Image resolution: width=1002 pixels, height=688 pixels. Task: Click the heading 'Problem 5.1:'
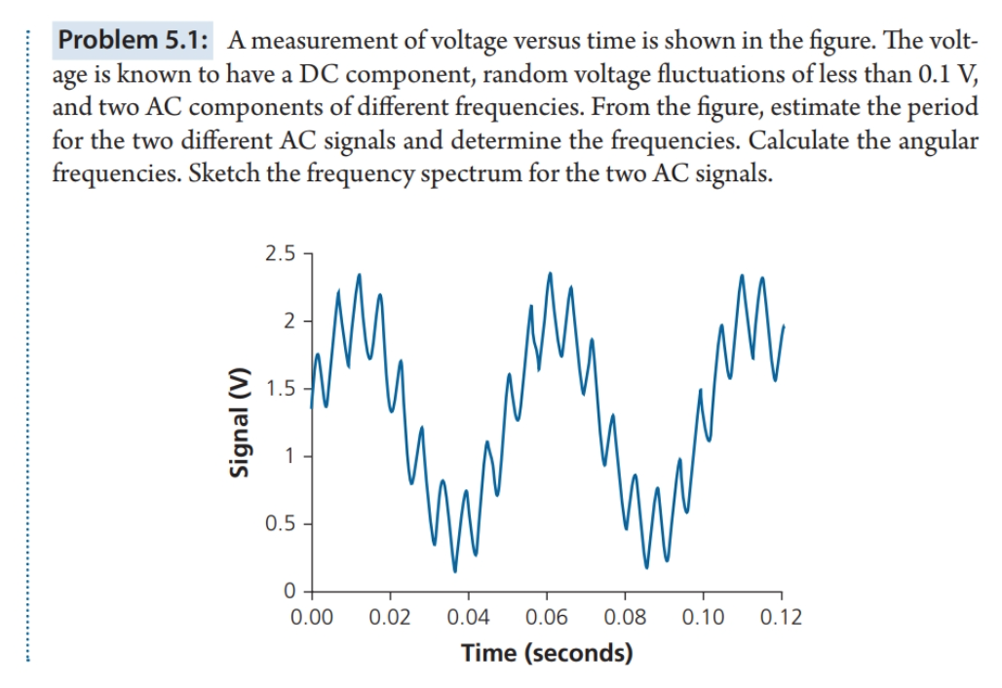tap(137, 42)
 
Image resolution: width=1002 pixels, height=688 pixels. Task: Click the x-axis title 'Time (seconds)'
tap(546, 652)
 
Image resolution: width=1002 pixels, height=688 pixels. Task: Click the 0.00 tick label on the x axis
tap(312, 617)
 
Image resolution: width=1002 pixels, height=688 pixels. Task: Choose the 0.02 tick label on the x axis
tap(390, 617)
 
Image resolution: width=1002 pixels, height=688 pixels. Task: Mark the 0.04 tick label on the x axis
tap(468, 617)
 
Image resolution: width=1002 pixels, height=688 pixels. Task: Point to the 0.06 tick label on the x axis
tap(547, 617)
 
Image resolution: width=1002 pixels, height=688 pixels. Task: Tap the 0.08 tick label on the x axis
tap(625, 617)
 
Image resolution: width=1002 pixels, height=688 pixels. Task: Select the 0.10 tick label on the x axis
tap(703, 617)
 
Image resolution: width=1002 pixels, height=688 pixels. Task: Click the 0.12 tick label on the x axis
tap(781, 617)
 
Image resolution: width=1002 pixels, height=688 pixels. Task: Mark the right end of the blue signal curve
tap(784, 326)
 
